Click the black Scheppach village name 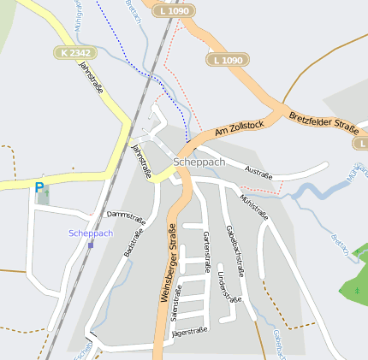click(199, 161)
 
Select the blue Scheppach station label click(91, 233)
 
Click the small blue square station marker click(91, 245)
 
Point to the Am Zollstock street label click(240, 127)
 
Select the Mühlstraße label click(254, 206)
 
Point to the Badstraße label click(134, 242)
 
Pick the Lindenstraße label click(228, 288)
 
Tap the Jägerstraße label click(191, 331)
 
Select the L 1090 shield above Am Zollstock click(227, 60)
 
